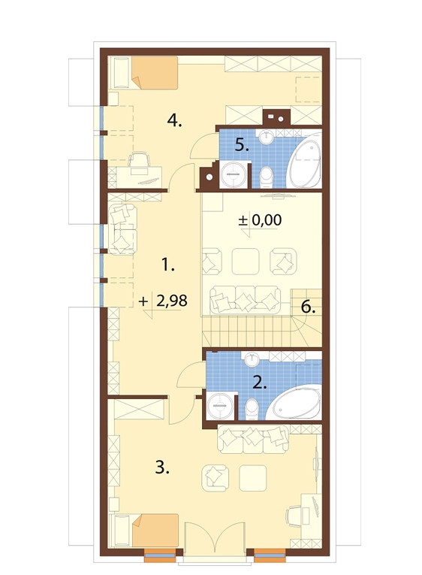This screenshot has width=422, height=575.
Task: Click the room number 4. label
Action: tap(174, 120)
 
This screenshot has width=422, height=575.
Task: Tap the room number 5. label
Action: tap(242, 146)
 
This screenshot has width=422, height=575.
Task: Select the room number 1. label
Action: tap(167, 265)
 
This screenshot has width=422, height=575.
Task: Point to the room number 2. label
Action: tap(260, 383)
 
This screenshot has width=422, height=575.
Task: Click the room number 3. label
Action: tap(162, 468)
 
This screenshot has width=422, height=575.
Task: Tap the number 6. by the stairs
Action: tap(308, 307)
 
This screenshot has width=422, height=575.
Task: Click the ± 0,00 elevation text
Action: tap(260, 220)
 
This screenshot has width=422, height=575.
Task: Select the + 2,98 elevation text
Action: tap(164, 301)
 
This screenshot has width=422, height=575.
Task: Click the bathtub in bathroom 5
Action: tap(303, 162)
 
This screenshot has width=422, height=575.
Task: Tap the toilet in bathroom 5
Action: tap(267, 177)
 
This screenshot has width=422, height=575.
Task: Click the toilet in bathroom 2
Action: tap(252, 409)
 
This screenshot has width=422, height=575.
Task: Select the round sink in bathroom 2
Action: tap(252, 359)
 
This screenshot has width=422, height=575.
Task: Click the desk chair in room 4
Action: tap(139, 162)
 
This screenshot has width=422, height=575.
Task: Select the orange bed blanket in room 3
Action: tap(155, 530)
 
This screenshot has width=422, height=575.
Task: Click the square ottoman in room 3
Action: tap(253, 478)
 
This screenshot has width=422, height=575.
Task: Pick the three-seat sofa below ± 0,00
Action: tap(246, 300)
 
